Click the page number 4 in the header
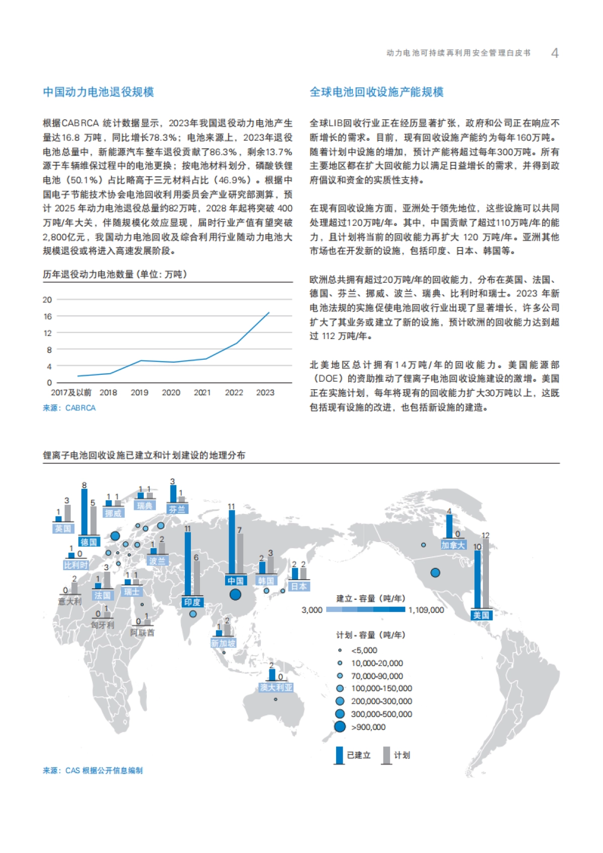(x=555, y=53)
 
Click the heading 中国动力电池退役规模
(x=98, y=92)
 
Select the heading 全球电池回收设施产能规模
(x=376, y=92)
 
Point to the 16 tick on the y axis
(x=48, y=316)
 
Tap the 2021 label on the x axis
(x=202, y=393)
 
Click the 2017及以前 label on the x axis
(x=71, y=393)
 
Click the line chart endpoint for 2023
(x=269, y=312)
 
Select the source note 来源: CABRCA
(x=69, y=408)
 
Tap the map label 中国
(x=235, y=581)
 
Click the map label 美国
(x=481, y=615)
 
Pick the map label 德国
(x=88, y=542)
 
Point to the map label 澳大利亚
(x=276, y=687)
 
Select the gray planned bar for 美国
(x=486, y=573)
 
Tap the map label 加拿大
(x=453, y=545)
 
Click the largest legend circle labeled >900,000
(x=340, y=726)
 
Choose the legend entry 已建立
(x=358, y=755)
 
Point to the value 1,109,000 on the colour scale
(x=426, y=610)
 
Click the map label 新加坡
(x=223, y=644)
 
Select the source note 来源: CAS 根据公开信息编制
(x=93, y=771)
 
